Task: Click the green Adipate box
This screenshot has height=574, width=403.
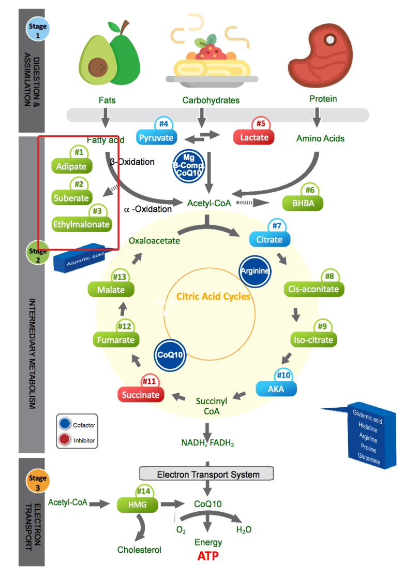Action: tap(72, 167)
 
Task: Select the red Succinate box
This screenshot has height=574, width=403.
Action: tap(141, 395)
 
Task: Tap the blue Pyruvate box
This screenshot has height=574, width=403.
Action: tap(157, 138)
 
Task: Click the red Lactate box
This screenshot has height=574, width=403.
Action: tap(254, 137)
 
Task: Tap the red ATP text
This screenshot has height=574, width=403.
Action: tap(208, 556)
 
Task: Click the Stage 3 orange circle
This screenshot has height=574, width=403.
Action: tap(37, 482)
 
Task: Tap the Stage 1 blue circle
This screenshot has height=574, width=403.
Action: tap(37, 30)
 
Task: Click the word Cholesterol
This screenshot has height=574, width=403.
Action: tap(139, 550)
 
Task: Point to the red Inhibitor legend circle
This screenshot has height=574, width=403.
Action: tap(65, 440)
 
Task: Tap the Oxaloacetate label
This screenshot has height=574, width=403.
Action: tap(154, 240)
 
